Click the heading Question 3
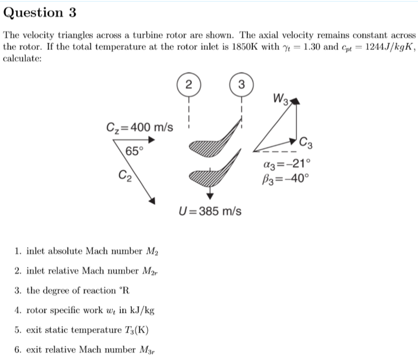[39, 13]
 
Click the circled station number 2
[189, 85]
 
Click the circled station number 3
[241, 85]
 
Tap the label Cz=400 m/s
[140, 127]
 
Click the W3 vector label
[281, 99]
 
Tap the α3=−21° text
[287, 164]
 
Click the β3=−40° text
[287, 178]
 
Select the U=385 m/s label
[210, 211]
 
